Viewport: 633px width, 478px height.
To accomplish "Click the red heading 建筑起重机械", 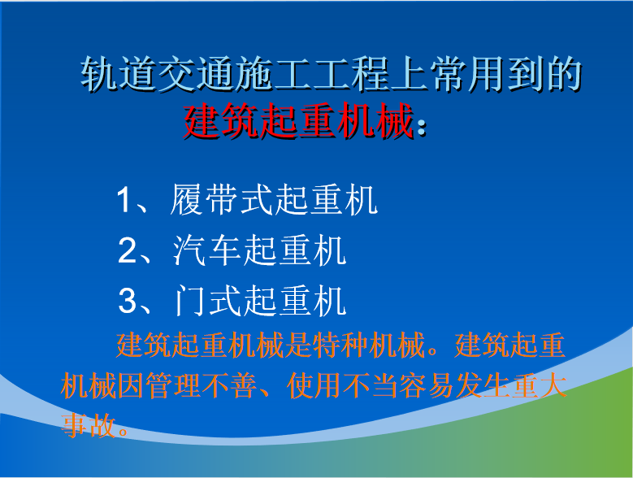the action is [x=299, y=120].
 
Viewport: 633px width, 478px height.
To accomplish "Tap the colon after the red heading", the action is [x=421, y=126].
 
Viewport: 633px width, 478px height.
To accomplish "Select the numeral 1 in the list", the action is [x=124, y=199].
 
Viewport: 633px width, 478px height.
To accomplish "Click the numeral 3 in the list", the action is [x=128, y=301].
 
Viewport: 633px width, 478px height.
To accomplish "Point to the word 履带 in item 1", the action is [x=204, y=199].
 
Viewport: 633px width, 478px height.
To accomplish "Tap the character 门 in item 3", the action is [x=190, y=301].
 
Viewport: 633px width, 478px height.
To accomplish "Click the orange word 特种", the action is [x=340, y=345].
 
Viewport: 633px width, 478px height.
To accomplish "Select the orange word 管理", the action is [x=173, y=385].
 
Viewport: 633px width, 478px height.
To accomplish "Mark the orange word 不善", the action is [x=229, y=385].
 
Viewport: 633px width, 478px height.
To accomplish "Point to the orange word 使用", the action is [x=314, y=385].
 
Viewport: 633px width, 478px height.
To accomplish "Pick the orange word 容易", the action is [x=427, y=385].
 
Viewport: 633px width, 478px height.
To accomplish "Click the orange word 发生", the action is [x=483, y=385].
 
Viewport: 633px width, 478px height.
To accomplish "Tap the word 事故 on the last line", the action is [x=89, y=425].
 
